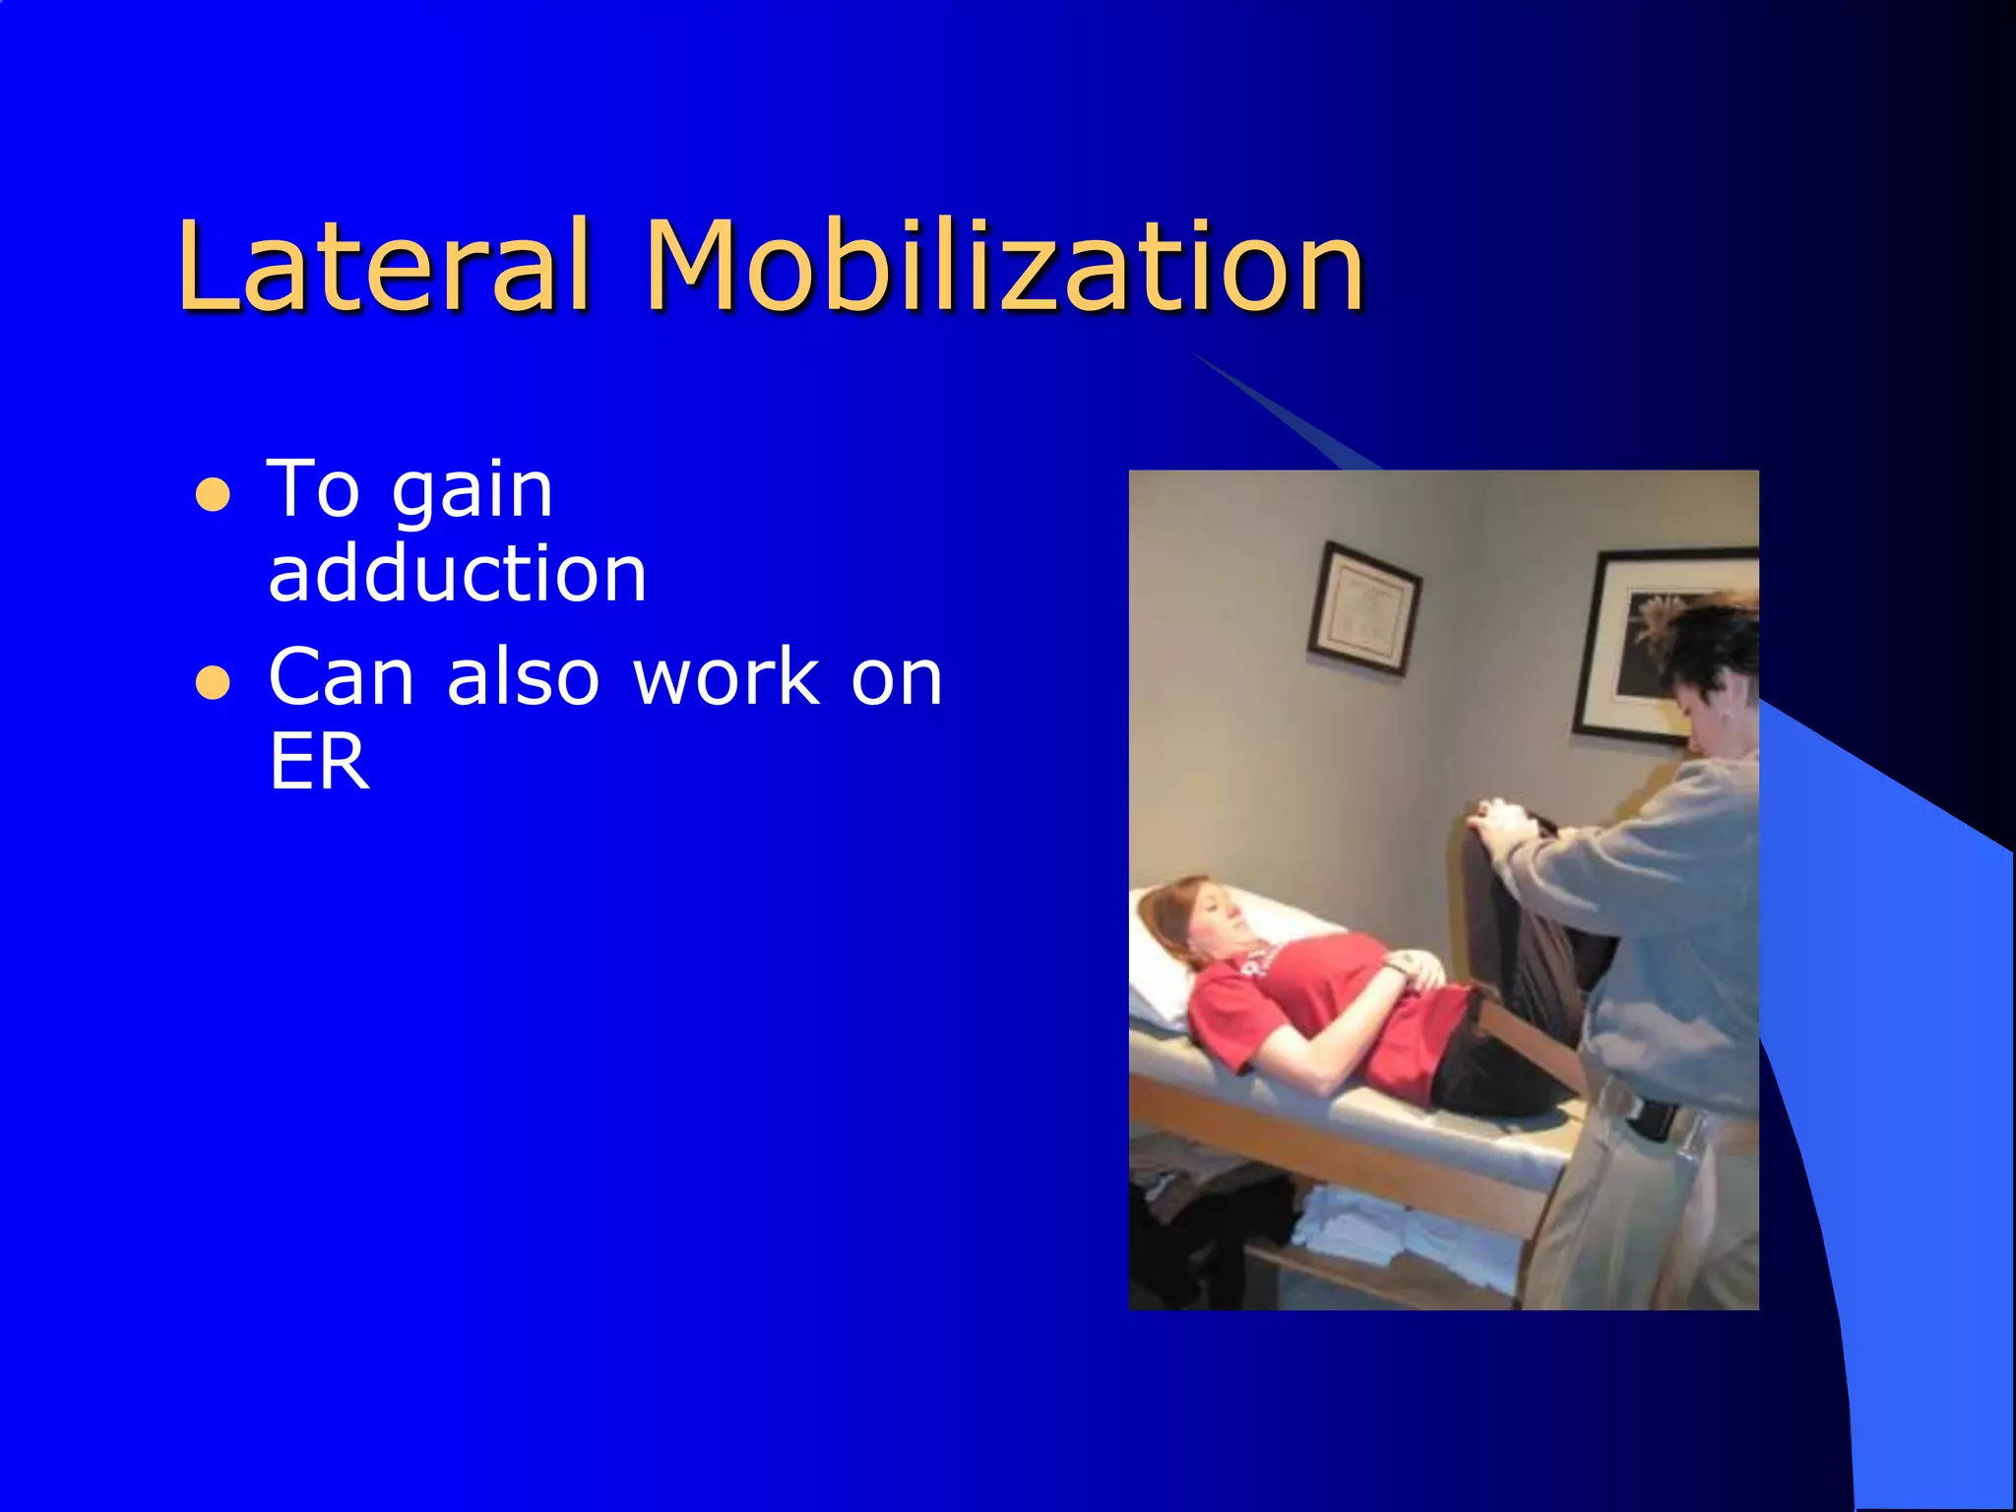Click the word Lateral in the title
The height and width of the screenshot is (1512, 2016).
[384, 266]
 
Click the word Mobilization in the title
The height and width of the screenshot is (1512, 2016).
[1004, 266]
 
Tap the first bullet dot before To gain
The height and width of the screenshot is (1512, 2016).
[213, 495]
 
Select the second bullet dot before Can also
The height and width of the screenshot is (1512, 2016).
[213, 682]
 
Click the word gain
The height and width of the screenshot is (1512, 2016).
[472, 489]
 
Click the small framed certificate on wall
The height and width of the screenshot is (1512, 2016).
[1363, 608]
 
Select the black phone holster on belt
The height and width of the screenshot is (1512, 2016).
[1654, 1118]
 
